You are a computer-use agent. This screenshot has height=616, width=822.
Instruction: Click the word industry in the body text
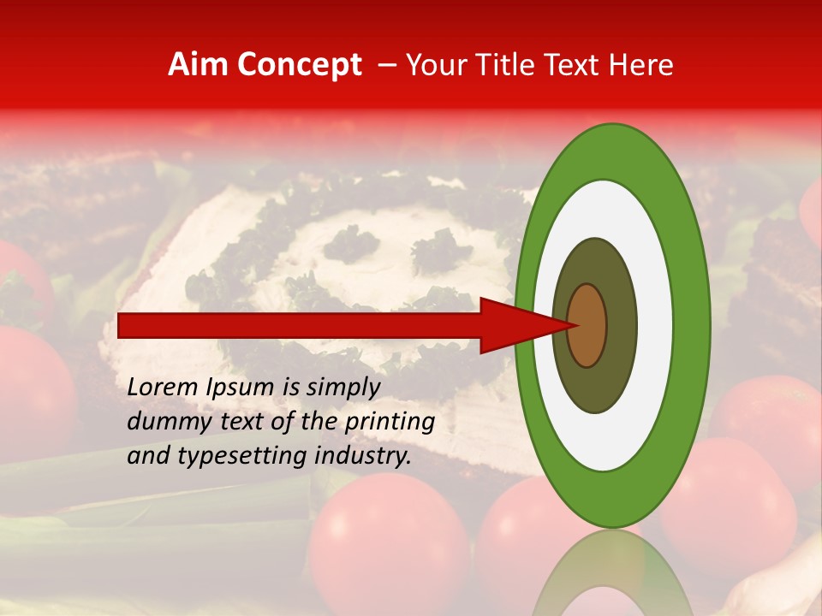359,456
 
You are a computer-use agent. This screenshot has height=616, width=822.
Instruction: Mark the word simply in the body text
342,388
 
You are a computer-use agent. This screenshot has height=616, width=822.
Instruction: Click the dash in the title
386,65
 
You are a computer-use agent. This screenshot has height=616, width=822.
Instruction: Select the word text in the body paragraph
249,422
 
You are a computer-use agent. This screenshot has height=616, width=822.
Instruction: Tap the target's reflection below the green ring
612,573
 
